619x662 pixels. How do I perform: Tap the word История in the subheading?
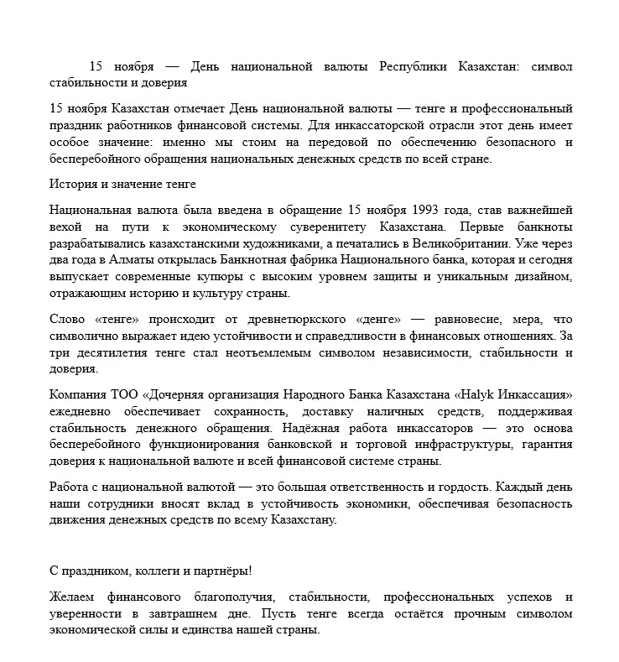[x=73, y=184]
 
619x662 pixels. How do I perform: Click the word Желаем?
[x=73, y=597]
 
